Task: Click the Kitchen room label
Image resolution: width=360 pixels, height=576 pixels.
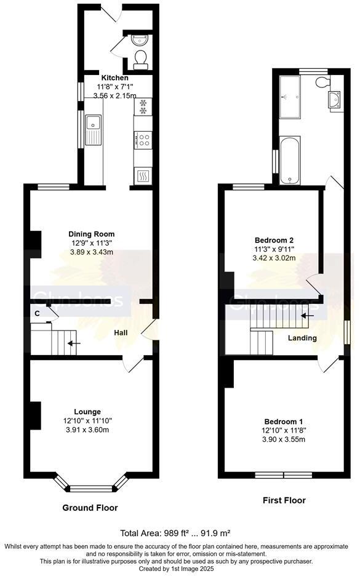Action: [115, 78]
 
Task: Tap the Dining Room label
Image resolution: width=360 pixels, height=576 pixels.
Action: [91, 234]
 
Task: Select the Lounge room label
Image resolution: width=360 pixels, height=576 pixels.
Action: [87, 412]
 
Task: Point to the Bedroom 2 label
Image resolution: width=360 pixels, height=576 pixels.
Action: [274, 239]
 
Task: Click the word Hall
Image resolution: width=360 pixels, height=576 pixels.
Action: [121, 333]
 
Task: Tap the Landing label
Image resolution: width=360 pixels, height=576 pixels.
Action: [302, 338]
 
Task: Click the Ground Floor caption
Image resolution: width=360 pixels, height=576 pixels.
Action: [90, 508]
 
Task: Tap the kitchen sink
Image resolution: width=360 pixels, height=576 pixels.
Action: [94, 130]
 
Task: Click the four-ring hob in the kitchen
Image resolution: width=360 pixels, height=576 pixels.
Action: [143, 140]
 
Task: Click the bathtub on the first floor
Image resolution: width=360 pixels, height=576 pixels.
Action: [289, 161]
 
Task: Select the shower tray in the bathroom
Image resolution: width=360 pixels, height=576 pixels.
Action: [289, 97]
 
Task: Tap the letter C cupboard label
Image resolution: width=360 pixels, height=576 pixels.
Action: [38, 313]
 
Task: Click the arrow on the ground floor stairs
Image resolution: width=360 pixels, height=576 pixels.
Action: [73, 343]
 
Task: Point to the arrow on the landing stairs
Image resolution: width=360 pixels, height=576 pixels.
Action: [306, 316]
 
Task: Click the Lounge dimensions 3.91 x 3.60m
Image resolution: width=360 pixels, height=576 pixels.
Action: [87, 430]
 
